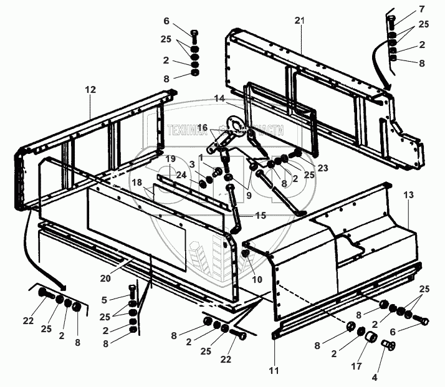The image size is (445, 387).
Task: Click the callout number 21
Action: click(300, 21)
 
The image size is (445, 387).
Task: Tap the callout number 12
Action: click(90, 90)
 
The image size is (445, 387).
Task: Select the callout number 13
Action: click(408, 195)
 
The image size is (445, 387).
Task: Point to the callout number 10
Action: click(256, 279)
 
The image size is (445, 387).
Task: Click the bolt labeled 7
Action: click(391, 24)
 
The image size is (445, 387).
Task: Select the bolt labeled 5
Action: click(132, 290)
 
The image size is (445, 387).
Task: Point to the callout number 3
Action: click(193, 163)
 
